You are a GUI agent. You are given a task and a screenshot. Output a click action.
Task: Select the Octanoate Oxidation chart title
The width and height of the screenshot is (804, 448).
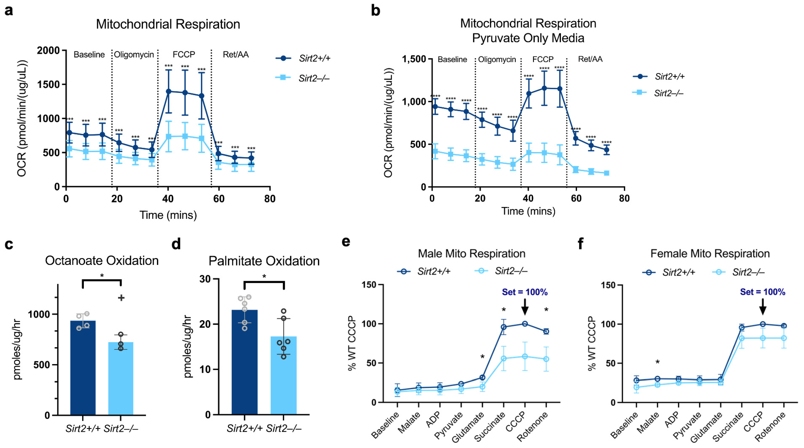tap(102, 260)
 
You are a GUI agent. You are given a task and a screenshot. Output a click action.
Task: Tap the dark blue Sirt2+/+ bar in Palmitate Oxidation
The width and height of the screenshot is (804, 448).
tap(244, 362)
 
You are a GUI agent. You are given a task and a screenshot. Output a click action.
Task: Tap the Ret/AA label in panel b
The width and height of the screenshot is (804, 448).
tap(590, 59)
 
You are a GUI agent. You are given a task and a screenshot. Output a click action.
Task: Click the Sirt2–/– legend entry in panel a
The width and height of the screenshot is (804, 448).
tap(314, 78)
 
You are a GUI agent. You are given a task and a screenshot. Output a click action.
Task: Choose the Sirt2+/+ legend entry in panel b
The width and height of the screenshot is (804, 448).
tap(669, 77)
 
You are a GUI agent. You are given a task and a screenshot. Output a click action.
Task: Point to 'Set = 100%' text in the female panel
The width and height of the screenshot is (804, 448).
tap(763, 292)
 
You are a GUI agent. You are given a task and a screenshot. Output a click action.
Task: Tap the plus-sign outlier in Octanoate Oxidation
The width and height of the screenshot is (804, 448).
tap(121, 298)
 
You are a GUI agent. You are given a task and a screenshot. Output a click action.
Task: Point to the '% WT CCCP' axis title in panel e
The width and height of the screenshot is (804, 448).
tap(352, 343)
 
